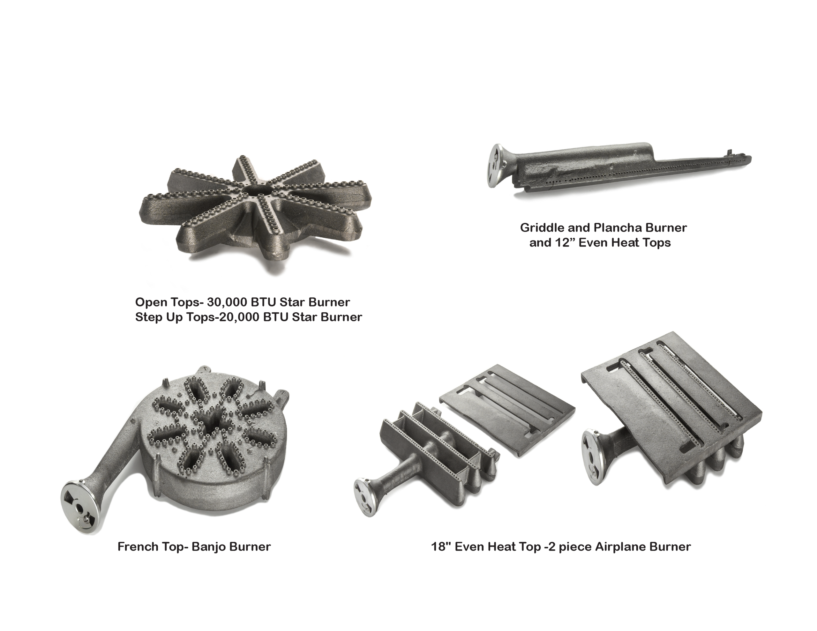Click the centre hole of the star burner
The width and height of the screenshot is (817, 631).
click(x=258, y=188)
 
